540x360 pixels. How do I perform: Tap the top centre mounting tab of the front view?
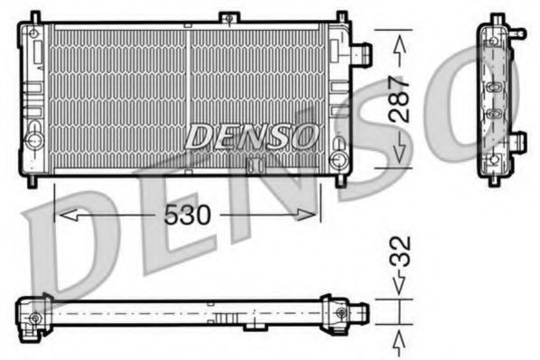click(230, 17)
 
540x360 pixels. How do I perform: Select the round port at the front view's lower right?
click(339, 161)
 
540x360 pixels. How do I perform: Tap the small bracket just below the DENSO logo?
click(253, 163)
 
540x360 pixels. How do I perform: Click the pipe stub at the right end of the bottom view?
click(360, 313)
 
